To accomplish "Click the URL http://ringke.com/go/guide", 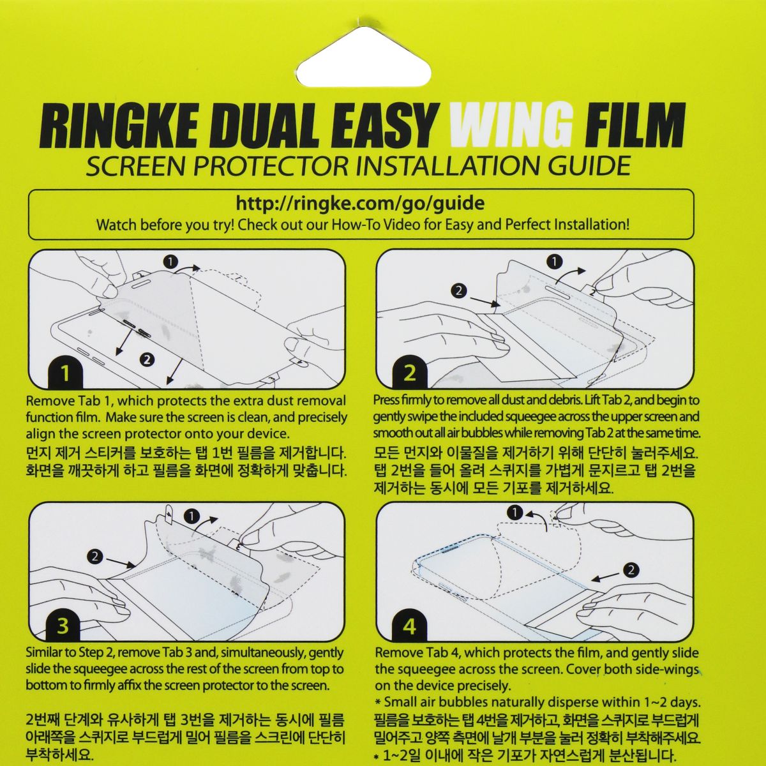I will click(x=360, y=204).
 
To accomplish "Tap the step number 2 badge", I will click(x=410, y=373).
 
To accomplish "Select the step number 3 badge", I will click(x=63, y=625).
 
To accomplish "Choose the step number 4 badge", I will click(x=409, y=626).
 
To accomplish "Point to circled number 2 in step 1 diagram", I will click(x=147, y=359).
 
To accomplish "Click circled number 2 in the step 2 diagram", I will click(x=458, y=291).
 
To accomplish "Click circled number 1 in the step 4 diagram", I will click(x=516, y=512).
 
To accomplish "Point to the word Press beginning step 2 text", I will click(x=386, y=401).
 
